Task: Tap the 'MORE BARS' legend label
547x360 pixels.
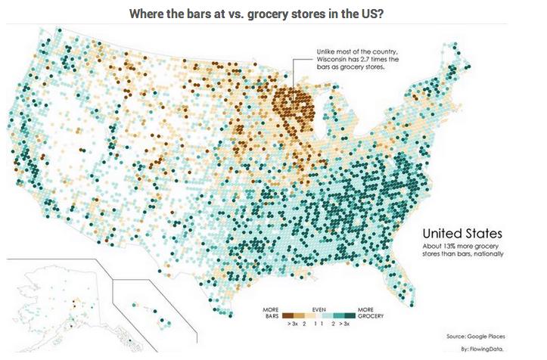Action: point(271,312)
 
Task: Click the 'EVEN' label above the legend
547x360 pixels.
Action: point(318,309)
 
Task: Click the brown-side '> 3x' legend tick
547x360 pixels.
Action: point(291,324)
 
